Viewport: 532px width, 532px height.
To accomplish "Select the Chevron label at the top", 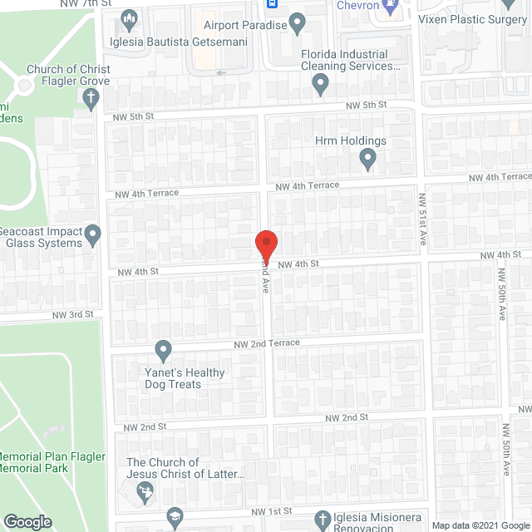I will tap(358, 6).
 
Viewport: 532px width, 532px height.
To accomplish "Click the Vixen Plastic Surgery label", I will tap(473, 19).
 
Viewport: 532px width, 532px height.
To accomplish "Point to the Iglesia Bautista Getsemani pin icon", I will tap(128, 18).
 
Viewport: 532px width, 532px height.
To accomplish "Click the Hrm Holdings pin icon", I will tap(367, 158).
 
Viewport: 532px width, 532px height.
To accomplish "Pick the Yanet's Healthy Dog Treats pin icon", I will tap(164, 349).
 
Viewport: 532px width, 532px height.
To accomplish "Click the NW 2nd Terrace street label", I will tap(266, 342).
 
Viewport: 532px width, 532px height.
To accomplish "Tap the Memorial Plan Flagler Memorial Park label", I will tap(46, 463).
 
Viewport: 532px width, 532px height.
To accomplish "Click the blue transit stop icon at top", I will tap(273, 3).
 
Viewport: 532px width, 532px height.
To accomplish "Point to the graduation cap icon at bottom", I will tap(173, 516).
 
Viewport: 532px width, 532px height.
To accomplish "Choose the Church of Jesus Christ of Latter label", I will tap(185, 468).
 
